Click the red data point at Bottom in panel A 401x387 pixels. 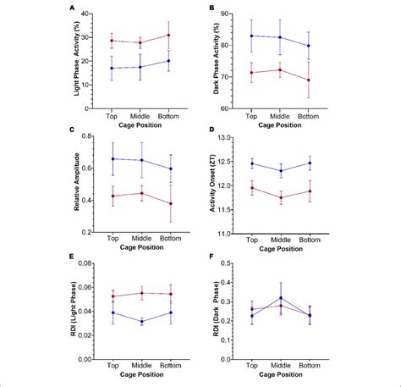coord(168,35)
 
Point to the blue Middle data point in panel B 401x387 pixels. coord(280,37)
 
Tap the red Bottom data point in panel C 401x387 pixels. coord(168,203)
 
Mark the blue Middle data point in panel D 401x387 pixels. coord(280,171)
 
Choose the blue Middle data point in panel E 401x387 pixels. coord(140,321)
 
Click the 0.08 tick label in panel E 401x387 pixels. coord(92,264)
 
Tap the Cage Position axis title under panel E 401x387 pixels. coord(140,373)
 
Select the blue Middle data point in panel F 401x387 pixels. coord(280,297)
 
